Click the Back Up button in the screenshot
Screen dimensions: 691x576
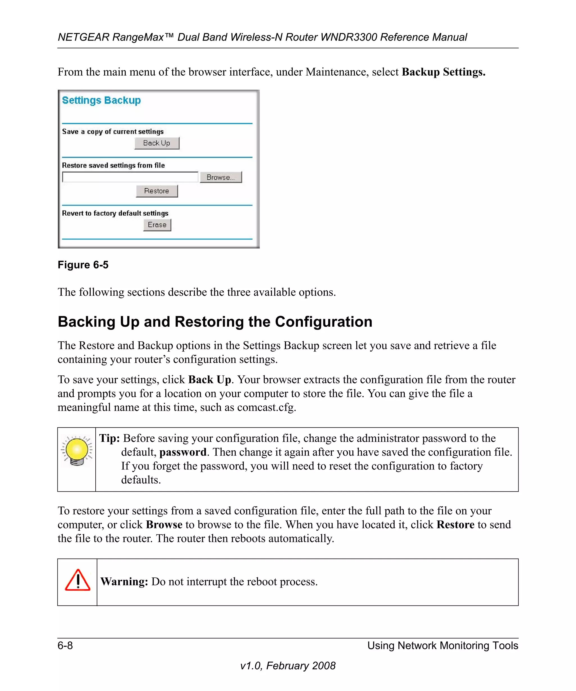[x=157, y=143]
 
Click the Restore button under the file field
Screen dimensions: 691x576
[x=157, y=191]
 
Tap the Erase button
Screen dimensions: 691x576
[x=157, y=225]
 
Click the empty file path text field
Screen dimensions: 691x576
[x=130, y=177]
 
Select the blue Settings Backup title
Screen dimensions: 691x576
[x=101, y=100]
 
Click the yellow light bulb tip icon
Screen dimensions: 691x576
[x=77, y=451]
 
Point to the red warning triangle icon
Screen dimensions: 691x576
[x=77, y=581]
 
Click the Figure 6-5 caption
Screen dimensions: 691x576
[x=83, y=265]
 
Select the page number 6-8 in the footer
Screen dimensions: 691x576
[x=65, y=645]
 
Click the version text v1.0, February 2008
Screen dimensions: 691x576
[x=288, y=666]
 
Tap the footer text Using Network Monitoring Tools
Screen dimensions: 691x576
[x=442, y=645]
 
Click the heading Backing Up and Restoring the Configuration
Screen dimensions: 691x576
[x=215, y=322]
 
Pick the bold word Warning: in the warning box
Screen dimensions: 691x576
[x=124, y=581]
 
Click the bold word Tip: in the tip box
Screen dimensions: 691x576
[x=109, y=438]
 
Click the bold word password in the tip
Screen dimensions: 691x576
[x=183, y=452]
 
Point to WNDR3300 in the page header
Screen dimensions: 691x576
[x=349, y=37]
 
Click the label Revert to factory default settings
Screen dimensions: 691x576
[x=115, y=213]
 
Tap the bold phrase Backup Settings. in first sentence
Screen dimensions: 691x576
[x=443, y=72]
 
